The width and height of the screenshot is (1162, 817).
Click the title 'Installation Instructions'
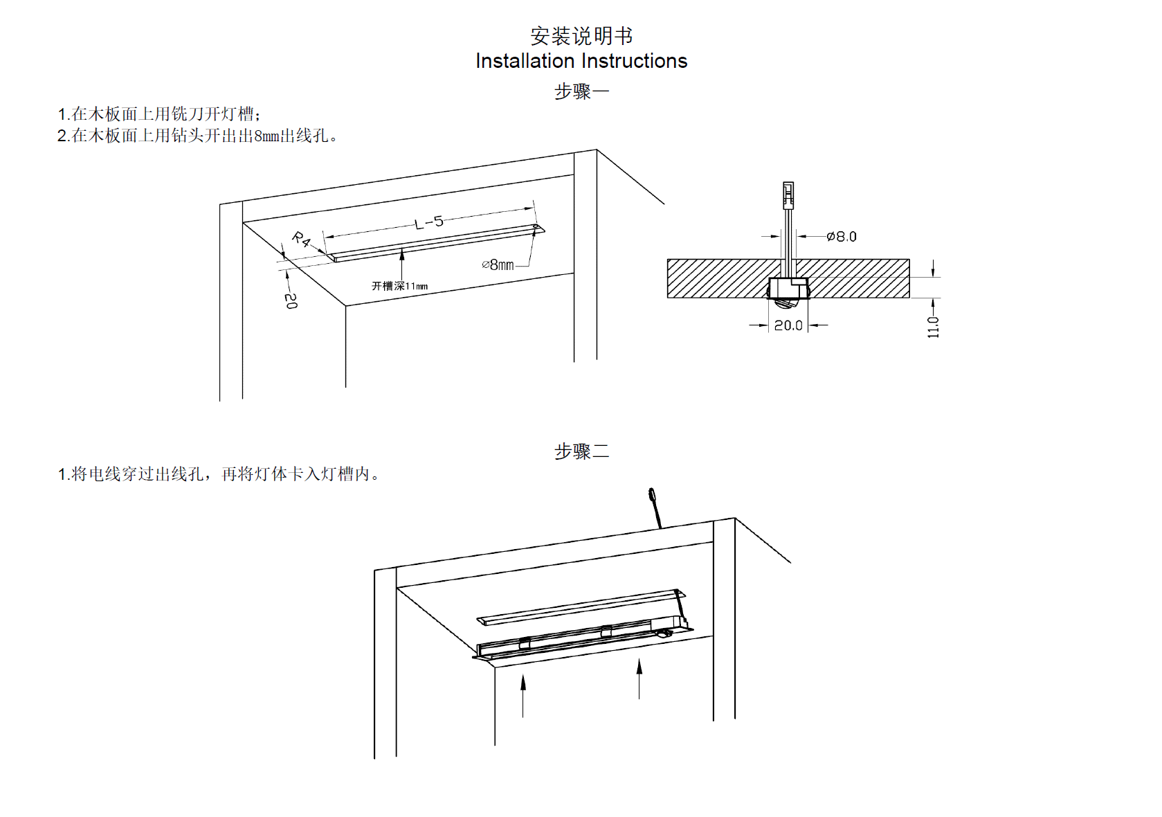tap(581, 61)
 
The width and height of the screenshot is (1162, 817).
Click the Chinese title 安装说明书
tap(581, 35)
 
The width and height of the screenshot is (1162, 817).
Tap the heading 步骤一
tap(581, 91)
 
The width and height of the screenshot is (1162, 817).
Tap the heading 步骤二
tap(581, 451)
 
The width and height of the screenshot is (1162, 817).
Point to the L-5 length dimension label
tap(429, 222)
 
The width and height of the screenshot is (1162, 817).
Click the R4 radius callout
tap(301, 240)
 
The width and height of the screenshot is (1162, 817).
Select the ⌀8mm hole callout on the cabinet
tap(498, 264)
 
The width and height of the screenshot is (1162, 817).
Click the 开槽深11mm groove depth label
tap(399, 286)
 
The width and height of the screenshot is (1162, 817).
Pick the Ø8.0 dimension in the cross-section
tap(842, 237)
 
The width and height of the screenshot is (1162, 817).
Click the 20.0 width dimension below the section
tap(788, 325)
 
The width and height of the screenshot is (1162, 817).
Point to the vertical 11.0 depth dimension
tap(934, 327)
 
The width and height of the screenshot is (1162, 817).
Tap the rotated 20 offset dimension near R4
tap(291, 300)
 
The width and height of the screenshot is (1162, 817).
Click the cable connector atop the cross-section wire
tap(788, 195)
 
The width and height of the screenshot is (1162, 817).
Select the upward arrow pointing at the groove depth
tap(402, 263)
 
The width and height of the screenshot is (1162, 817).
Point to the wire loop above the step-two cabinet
tap(652, 495)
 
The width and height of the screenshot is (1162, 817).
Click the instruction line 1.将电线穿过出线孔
tap(218, 474)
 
